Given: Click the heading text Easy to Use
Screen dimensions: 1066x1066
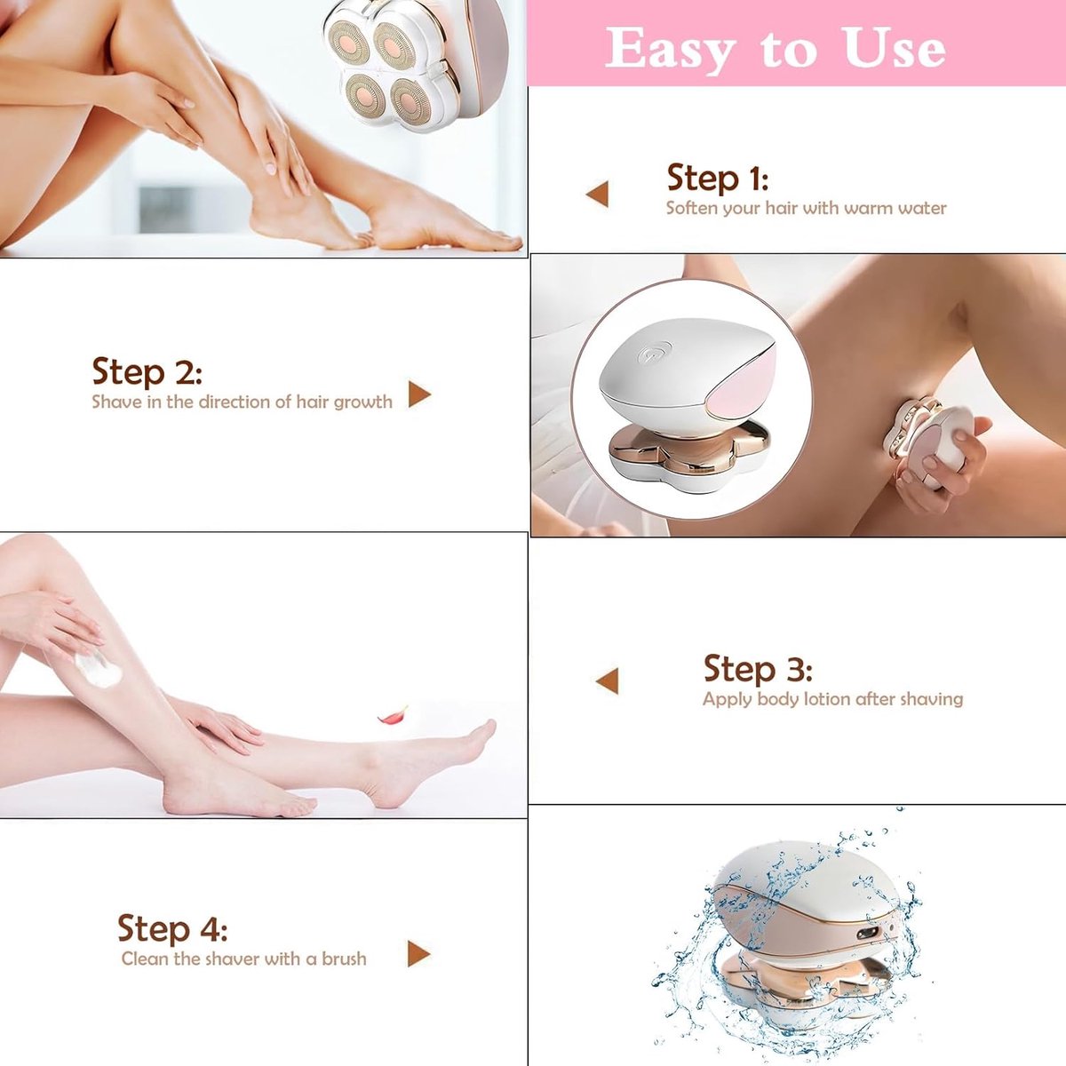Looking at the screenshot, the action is click(x=776, y=49).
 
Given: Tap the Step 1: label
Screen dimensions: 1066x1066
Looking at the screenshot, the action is click(x=718, y=179).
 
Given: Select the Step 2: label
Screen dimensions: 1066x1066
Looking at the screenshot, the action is click(x=147, y=371).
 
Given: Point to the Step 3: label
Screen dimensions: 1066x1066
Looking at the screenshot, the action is click(x=758, y=669).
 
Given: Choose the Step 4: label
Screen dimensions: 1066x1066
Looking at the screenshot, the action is click(x=172, y=927).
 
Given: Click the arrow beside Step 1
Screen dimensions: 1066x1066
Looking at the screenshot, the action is click(x=598, y=194).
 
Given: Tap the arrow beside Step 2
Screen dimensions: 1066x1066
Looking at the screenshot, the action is click(x=419, y=394).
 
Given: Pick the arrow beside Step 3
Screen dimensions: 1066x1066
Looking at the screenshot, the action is click(x=607, y=680).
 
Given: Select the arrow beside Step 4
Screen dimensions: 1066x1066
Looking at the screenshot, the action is click(x=418, y=954).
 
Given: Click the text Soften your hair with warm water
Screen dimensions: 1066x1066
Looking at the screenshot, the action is click(x=806, y=208).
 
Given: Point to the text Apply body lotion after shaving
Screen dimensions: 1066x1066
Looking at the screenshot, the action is click(x=832, y=699).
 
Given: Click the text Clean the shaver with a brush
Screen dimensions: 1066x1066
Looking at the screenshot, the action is click(x=243, y=959).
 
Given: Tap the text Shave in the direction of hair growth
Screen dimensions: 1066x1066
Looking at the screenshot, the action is click(x=243, y=401).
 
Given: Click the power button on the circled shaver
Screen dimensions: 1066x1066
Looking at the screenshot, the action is click(x=654, y=352).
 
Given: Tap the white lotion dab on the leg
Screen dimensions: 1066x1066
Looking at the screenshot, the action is click(x=99, y=668).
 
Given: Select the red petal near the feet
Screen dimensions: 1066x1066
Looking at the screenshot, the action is click(x=393, y=716).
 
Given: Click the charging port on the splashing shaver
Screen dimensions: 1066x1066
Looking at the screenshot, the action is click(x=866, y=935).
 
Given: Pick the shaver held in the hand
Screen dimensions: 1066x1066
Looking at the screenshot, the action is click(x=927, y=446).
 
